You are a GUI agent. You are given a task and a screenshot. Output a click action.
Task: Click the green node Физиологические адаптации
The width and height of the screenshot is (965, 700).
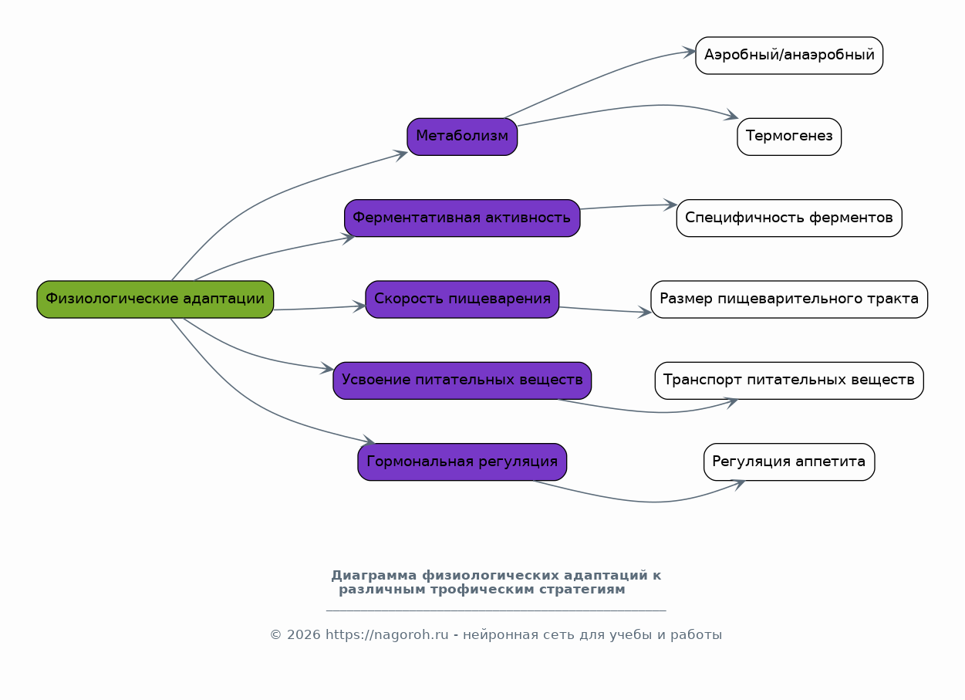click(x=155, y=299)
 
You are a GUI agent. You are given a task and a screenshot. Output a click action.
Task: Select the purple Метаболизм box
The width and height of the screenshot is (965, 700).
click(x=462, y=137)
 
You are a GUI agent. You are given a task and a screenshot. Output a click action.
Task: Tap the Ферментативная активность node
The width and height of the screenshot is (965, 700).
click(x=462, y=218)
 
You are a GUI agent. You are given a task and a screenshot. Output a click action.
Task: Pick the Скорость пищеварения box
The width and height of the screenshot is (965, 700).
click(x=462, y=299)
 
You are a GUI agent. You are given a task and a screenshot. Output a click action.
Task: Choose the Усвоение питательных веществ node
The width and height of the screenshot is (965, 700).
click(x=462, y=380)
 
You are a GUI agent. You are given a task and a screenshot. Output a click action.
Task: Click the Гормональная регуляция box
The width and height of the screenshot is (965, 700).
click(x=462, y=462)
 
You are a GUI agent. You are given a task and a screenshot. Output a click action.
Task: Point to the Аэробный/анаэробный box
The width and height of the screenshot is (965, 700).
click(x=789, y=56)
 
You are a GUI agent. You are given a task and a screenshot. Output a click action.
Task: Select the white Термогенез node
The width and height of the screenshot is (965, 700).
click(x=789, y=137)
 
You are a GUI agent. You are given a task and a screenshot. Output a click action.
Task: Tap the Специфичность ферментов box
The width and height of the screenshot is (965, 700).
click(x=789, y=218)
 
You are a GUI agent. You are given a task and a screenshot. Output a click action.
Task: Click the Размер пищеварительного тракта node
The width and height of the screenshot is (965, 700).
click(x=789, y=299)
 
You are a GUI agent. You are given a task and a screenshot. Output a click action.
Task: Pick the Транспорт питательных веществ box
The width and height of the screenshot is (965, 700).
click(x=789, y=380)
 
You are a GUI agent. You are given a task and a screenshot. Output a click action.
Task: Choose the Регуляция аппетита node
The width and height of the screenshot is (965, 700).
click(x=789, y=462)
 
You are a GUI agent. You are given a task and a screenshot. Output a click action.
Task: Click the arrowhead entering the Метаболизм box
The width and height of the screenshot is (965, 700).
click(x=403, y=154)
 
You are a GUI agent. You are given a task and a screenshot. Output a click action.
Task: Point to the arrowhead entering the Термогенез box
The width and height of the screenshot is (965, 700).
click(x=733, y=116)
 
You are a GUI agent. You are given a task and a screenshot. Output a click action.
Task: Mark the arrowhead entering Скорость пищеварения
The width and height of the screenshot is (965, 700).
click(x=360, y=306)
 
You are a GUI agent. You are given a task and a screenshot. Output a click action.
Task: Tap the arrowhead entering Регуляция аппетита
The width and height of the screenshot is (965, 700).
click(x=740, y=484)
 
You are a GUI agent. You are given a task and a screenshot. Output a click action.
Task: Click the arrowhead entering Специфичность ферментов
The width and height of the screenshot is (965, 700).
click(x=671, y=205)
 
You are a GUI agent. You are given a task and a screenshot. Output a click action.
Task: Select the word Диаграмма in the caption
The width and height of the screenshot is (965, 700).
click(x=374, y=576)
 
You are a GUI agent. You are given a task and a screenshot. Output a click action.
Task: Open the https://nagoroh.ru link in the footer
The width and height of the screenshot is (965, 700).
click(x=387, y=635)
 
